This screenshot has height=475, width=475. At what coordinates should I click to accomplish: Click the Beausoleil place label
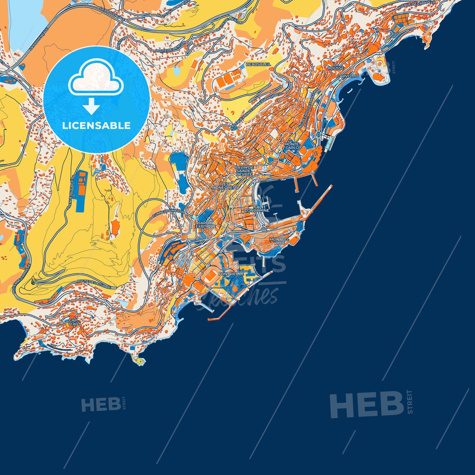258,64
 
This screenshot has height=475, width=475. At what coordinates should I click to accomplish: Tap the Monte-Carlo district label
292,146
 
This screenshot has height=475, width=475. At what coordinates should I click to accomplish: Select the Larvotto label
348,76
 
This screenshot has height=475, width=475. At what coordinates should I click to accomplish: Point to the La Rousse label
336,66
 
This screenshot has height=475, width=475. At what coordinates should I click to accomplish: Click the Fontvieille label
231,274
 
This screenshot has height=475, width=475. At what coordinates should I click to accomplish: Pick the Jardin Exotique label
206,225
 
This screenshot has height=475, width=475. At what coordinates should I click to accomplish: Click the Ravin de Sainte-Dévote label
244,171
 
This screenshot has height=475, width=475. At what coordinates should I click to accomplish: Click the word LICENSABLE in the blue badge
96,126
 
